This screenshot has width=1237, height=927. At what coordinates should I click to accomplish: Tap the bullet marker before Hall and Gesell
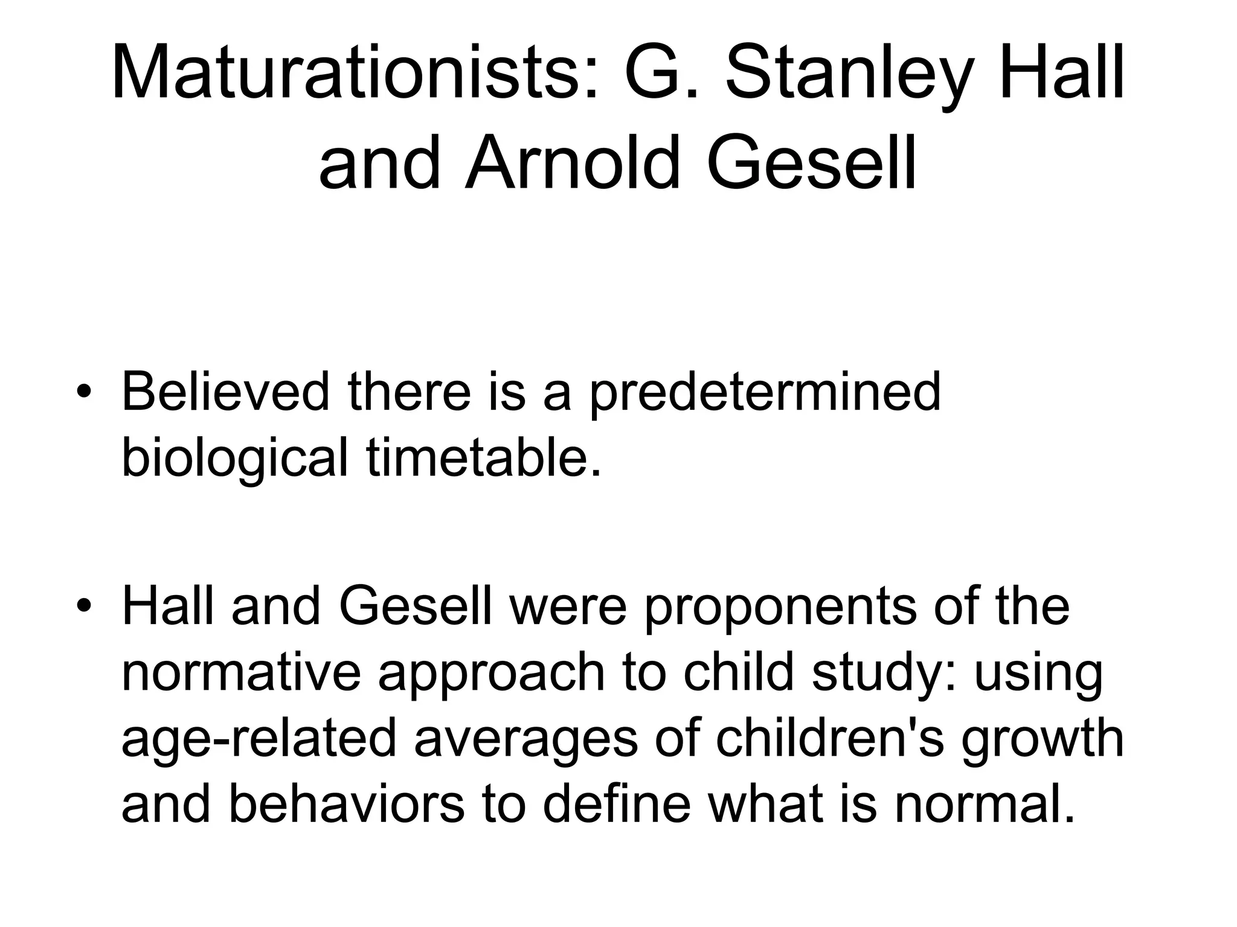pos(84,605)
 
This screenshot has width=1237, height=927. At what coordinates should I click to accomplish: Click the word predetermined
pos(765,392)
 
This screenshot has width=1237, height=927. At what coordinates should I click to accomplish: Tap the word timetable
pos(484,457)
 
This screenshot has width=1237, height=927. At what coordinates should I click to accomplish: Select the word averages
pos(525,739)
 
